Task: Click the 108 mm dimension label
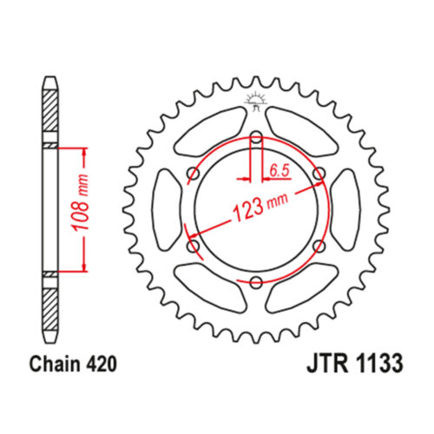(81, 202)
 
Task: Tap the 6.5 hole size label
(279, 171)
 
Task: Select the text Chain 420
(73, 364)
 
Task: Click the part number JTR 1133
(355, 364)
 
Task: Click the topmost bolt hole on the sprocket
(256, 138)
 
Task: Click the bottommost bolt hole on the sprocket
(256, 282)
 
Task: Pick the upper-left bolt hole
(194, 174)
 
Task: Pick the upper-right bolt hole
(319, 174)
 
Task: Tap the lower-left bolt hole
(194, 247)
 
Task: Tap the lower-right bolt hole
(319, 247)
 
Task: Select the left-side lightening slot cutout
(167, 210)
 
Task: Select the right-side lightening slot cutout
(345, 210)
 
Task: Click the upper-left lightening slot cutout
(211, 132)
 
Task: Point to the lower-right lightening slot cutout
(302, 288)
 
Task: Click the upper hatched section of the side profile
(49, 110)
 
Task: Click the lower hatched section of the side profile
(49, 309)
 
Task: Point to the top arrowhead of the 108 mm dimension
(84, 153)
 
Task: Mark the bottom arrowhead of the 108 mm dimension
(84, 266)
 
